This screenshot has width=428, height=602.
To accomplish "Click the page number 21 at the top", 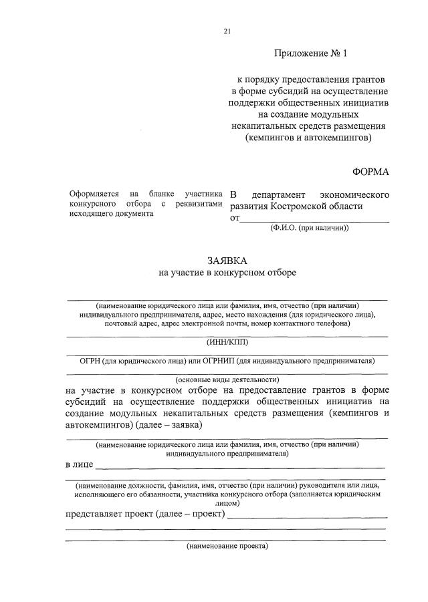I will coord(227,31).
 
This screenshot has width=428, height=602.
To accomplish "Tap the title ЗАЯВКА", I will coord(226,260).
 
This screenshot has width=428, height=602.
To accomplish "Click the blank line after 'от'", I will coord(314,218).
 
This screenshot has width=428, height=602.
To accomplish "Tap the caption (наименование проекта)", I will coord(227,546).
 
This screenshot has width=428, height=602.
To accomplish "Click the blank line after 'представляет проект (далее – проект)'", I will coord(308,516).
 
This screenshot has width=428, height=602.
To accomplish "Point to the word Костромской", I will coord(292,206).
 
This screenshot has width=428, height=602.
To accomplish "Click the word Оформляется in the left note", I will coord(92,194).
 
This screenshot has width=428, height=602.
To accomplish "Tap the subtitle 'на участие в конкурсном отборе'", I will coord(227,273).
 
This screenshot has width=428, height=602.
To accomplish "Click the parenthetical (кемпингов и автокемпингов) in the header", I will coord(308,138).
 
